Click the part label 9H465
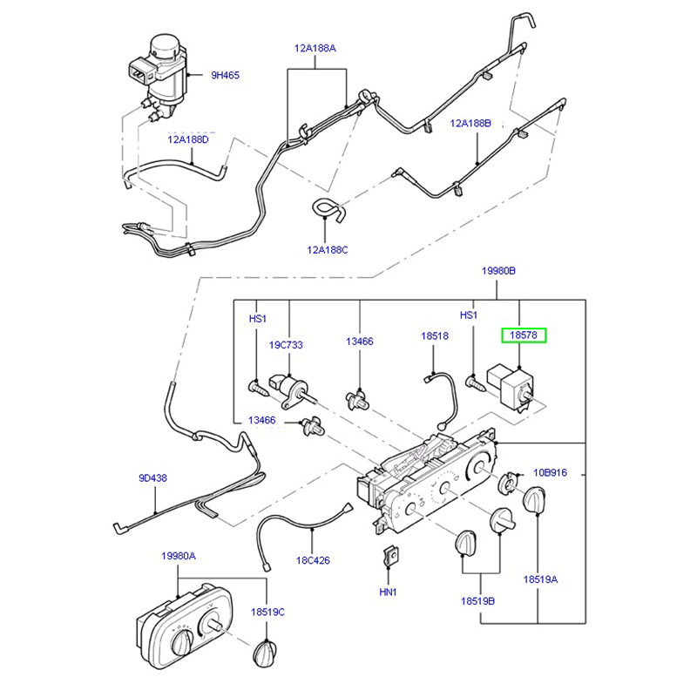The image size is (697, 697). (225, 76)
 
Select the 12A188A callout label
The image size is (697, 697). (314, 49)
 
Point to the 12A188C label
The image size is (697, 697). (327, 249)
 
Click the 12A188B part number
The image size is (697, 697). (470, 124)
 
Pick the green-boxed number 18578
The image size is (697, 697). (522, 335)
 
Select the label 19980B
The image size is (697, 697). (499, 272)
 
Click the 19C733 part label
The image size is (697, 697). (286, 345)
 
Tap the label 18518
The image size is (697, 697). (435, 335)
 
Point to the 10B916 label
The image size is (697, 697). (550, 472)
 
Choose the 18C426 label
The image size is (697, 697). (312, 560)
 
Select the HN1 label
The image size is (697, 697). (389, 592)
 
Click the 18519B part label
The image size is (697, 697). (478, 601)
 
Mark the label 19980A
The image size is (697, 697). (178, 556)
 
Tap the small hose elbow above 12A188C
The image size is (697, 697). (326, 210)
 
